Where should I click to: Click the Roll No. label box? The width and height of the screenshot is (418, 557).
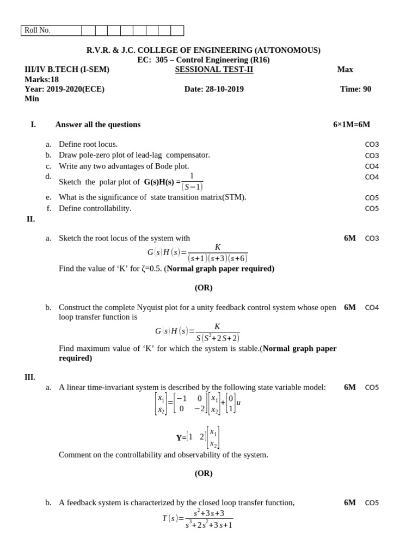tap(51, 30)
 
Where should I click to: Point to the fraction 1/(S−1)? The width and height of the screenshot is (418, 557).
tap(192, 182)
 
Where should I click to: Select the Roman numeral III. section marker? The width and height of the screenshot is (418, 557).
tap(30, 377)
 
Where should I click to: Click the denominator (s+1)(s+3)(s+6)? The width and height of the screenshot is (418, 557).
tap(218, 258)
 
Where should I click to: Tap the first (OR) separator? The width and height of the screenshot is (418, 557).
tap(204, 288)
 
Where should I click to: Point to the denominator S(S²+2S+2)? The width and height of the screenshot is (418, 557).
tap(218, 338)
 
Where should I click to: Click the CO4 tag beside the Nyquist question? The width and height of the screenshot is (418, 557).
tap(372, 308)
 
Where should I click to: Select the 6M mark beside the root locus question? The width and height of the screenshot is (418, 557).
tap(349, 238)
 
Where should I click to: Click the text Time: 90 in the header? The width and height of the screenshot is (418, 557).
tap(355, 89)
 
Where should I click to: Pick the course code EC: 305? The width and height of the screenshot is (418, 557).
tap(152, 60)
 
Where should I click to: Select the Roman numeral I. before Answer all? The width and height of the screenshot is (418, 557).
tap(33, 125)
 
